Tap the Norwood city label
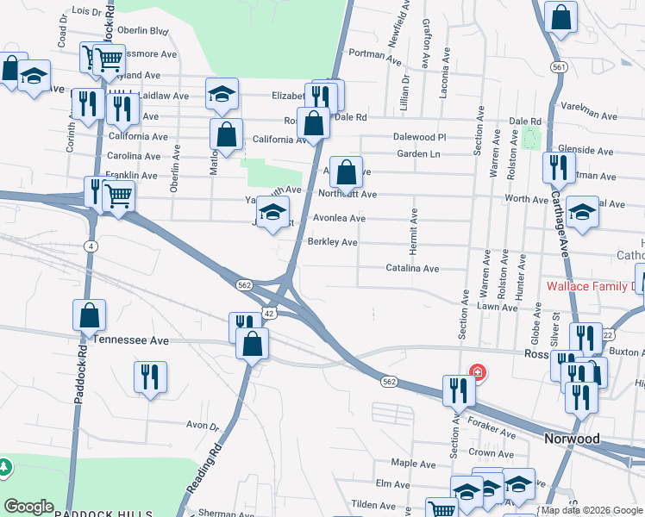572,439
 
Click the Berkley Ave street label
332,242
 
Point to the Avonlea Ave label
339,218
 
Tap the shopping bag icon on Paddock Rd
89,316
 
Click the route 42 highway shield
269,314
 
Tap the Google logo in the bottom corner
28,507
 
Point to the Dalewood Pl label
419,136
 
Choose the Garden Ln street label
418,153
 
